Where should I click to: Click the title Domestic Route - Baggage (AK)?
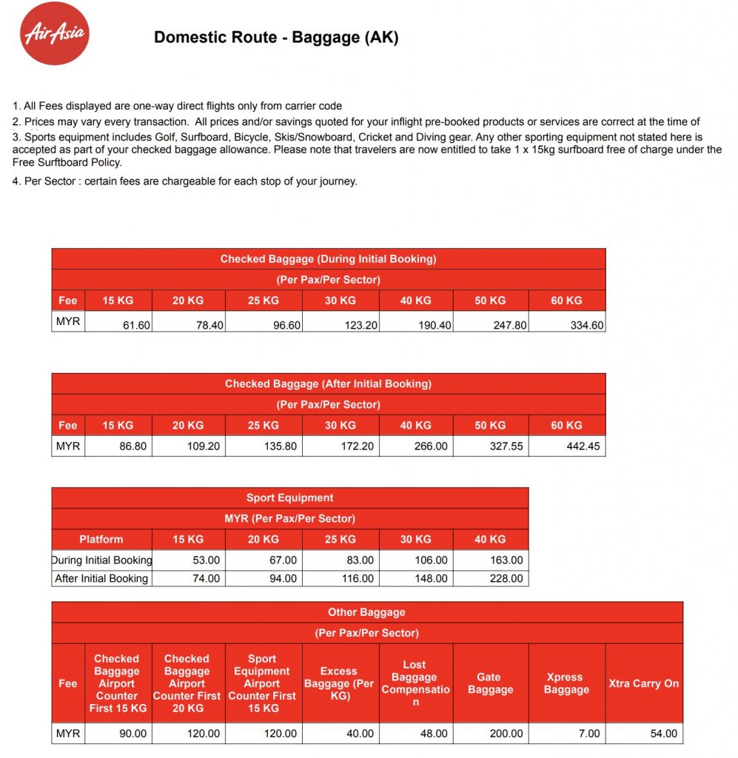tap(276, 38)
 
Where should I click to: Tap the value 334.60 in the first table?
tap(587, 325)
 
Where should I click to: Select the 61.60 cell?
tap(136, 325)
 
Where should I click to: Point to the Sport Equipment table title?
tap(289, 498)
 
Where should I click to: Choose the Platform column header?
tap(101, 539)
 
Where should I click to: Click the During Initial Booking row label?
tap(102, 560)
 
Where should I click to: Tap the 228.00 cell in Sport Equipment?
tap(506, 578)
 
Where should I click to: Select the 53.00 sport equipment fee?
tap(205, 560)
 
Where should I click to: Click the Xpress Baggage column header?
tap(566, 683)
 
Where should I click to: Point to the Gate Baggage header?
tap(490, 683)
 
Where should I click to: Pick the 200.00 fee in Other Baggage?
tap(506, 734)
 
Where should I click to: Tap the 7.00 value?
tap(589, 734)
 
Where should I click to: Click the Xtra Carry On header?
tap(643, 683)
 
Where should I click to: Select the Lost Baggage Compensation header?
tap(415, 683)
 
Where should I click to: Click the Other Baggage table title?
tap(366, 612)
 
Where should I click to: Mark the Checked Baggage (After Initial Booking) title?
tap(328, 383)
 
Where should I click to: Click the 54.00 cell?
tap(663, 734)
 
